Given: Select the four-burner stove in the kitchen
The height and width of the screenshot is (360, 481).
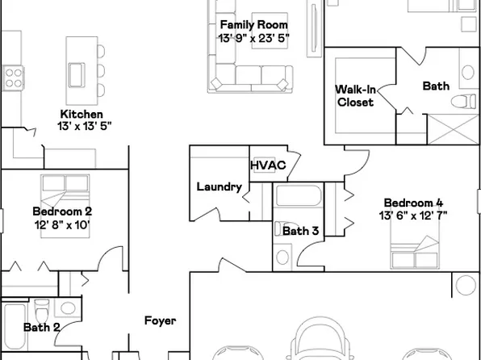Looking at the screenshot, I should [13, 77].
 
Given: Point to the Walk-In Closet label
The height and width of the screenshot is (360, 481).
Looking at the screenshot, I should [355, 96].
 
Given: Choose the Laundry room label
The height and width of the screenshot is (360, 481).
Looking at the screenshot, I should [219, 187].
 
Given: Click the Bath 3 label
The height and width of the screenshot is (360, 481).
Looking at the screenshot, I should [300, 231].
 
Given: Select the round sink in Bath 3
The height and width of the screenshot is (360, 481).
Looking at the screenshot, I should [282, 256].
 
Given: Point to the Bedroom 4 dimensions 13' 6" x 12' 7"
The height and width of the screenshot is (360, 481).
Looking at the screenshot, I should [413, 215].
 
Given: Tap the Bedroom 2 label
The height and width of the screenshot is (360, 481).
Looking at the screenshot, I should [56, 211].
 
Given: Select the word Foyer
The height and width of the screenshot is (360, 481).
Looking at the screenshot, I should [160, 320].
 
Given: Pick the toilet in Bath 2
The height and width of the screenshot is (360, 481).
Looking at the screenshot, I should [42, 310].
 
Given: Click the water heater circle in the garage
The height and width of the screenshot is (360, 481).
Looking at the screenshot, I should [466, 285].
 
